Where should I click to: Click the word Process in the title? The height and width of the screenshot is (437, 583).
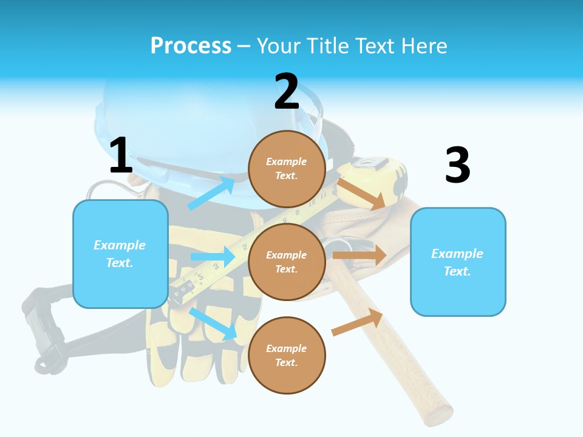[191, 46]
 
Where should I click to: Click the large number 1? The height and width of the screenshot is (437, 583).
[121, 155]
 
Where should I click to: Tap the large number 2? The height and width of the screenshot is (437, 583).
[287, 92]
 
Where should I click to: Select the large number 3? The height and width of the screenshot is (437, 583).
[457, 165]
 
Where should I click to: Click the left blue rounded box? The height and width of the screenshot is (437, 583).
[120, 254]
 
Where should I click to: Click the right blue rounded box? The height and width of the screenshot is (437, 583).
[458, 262]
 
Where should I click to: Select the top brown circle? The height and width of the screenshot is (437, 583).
[287, 169]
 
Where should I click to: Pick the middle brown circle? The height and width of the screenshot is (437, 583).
[287, 262]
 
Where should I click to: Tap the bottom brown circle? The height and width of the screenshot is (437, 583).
[287, 355]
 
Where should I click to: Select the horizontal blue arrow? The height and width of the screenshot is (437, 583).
[213, 257]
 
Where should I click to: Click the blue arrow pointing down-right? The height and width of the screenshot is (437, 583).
[213, 324]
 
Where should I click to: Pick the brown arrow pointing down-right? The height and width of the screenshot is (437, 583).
[361, 194]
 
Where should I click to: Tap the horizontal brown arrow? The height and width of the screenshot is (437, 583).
[360, 256]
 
